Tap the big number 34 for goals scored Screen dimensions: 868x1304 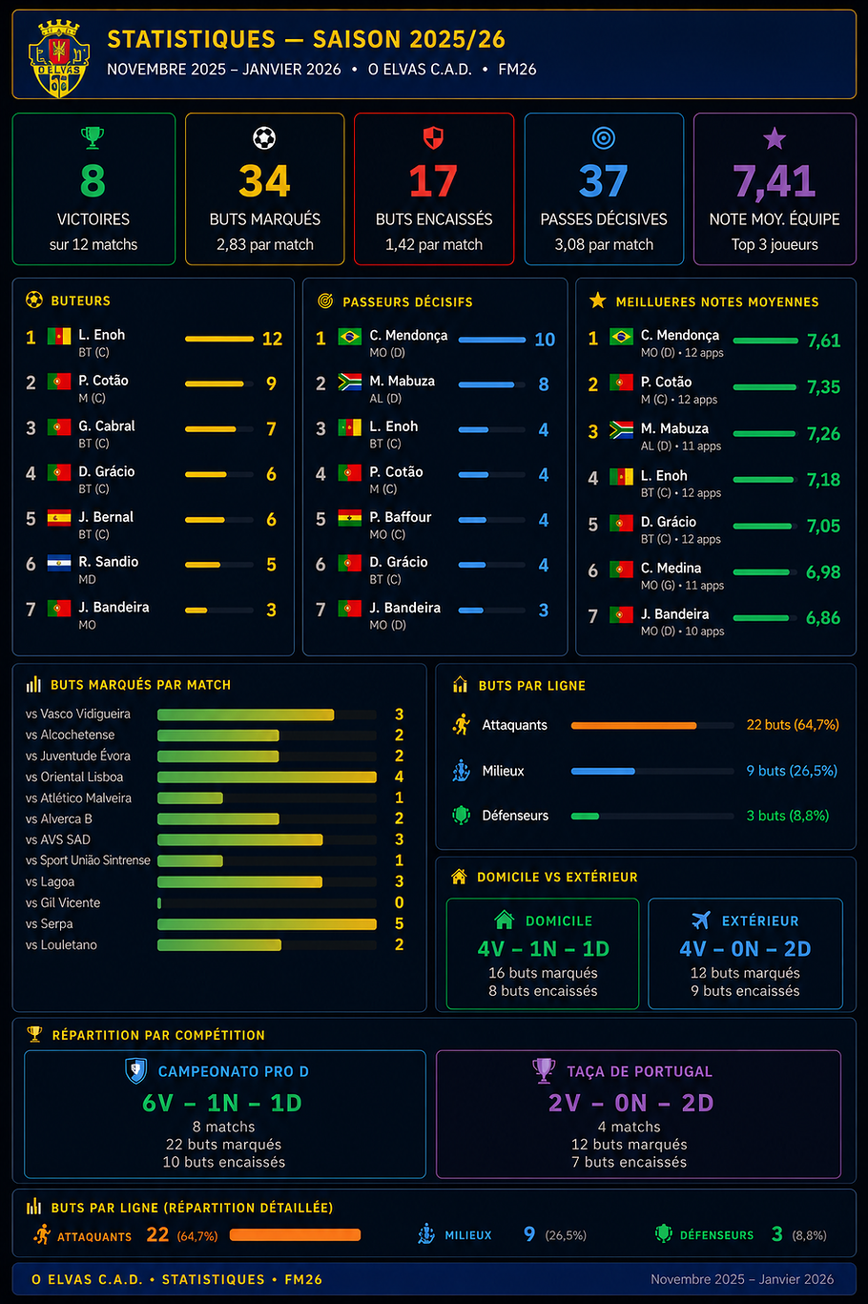(264, 181)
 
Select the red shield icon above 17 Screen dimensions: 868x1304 (433, 138)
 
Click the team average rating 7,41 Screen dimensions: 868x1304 (775, 181)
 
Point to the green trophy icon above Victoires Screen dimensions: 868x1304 (93, 138)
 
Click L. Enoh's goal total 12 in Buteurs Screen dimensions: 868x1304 (273, 339)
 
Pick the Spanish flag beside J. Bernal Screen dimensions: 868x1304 (59, 518)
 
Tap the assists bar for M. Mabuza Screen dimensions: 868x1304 (486, 384)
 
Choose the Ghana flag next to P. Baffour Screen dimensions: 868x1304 (349, 518)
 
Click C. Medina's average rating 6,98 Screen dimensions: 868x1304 (823, 572)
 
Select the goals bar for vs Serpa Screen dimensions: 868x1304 (267, 923)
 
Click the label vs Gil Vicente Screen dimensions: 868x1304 (63, 903)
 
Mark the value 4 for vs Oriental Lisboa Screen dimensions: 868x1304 (399, 776)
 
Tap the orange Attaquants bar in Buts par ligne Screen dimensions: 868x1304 (633, 725)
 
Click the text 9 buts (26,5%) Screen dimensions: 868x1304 (792, 771)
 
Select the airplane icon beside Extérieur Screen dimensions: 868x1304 (701, 921)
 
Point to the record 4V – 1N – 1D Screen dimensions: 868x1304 (543, 949)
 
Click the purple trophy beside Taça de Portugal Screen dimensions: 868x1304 (544, 1070)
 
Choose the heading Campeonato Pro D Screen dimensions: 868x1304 (234, 1072)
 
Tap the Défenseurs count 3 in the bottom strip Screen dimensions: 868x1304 (777, 1234)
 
